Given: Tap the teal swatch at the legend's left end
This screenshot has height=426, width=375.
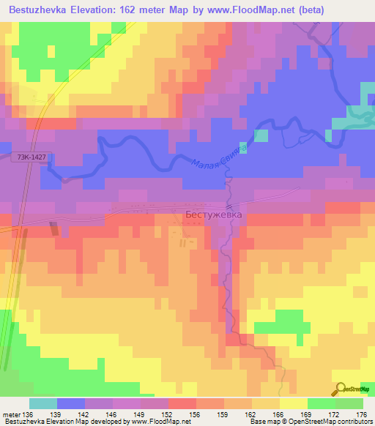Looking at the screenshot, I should point(43,403).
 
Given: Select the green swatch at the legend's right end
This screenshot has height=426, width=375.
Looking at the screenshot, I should point(349,403).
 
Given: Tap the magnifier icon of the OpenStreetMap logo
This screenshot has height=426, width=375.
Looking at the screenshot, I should point(341,389).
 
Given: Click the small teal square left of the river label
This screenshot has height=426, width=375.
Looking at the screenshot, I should point(261,135).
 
